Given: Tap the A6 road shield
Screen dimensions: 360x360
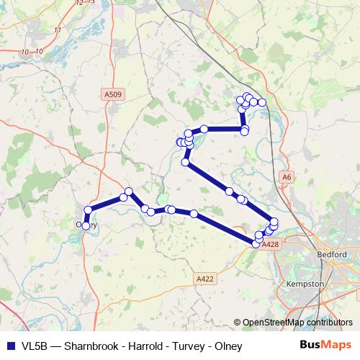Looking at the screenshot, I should point(287,176).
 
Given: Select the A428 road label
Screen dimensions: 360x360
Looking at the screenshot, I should point(271,245).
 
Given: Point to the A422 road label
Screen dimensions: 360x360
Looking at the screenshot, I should point(205,277).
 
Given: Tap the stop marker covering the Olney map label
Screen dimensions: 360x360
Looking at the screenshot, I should point(86,225).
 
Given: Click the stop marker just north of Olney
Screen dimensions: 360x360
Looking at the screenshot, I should point(88,210).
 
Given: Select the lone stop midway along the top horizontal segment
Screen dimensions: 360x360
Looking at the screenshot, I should point(204,129).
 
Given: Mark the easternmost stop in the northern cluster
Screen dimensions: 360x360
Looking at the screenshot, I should point(263,103).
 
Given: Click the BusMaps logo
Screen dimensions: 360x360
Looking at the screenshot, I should point(325,346).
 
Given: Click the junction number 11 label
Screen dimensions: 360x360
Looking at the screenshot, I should point(58,29).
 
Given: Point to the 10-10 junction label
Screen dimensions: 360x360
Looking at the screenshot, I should point(33,52).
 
